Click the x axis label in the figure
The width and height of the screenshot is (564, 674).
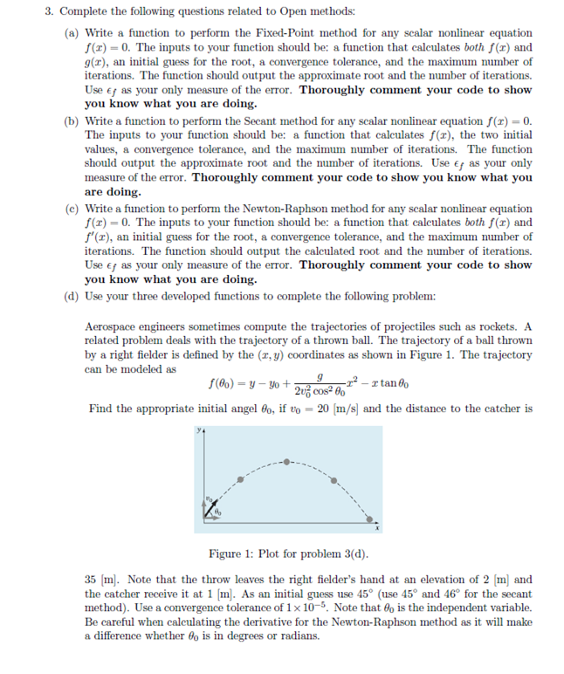(x=377, y=527)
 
